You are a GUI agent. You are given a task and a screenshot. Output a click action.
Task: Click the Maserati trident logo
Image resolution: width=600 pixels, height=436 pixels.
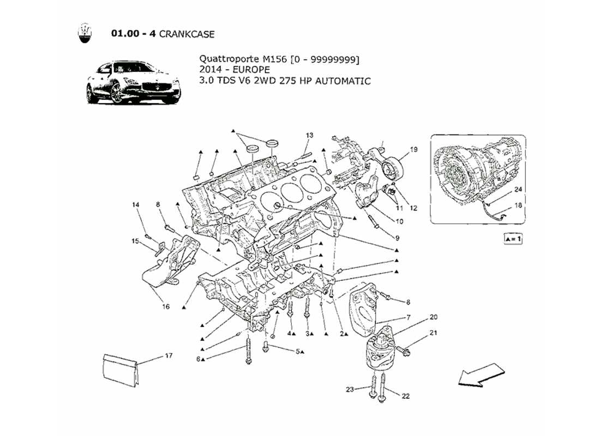[x=84, y=34]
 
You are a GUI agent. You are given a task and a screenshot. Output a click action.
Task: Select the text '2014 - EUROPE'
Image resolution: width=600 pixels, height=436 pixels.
[x=234, y=70]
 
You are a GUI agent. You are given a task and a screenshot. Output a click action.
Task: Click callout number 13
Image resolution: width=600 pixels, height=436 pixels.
[x=309, y=135]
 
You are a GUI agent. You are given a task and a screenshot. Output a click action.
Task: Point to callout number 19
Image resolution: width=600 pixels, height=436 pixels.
[x=413, y=149]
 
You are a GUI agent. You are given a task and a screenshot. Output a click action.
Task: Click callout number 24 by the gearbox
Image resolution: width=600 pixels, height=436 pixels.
[x=518, y=189]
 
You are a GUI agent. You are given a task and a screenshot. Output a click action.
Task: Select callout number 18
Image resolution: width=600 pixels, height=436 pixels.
[x=518, y=206]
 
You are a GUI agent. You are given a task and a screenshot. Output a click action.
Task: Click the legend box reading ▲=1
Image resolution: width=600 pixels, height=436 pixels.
[x=513, y=239]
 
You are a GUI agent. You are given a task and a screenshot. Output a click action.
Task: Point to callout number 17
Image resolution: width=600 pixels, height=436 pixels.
[x=169, y=356]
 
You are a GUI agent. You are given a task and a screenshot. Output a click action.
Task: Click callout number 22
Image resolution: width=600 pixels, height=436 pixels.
[x=405, y=396]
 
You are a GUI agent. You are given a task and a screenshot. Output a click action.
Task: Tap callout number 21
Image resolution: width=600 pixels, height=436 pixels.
[x=433, y=332]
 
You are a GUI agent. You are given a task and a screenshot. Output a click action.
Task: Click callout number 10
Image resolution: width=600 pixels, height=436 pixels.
[x=399, y=222]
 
